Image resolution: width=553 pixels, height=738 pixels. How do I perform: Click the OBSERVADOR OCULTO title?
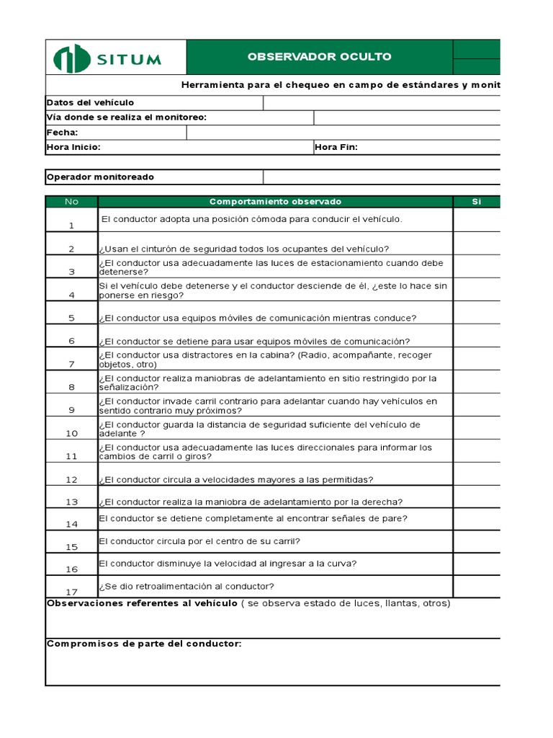pos(319,57)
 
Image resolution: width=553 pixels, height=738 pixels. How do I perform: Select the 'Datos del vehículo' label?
pos(91,103)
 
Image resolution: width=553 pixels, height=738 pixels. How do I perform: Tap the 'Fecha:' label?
pos(63,133)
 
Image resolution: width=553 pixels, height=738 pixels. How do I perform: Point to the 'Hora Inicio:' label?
pos(73,147)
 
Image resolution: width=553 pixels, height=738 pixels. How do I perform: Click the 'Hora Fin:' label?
pos(336,147)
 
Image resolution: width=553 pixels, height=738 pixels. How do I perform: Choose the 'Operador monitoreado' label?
pos(100,177)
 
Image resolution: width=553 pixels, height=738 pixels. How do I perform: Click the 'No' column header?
pos(71,202)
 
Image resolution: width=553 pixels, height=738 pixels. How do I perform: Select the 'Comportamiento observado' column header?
pos(275,202)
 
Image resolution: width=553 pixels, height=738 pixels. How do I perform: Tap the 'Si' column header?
pos(476,202)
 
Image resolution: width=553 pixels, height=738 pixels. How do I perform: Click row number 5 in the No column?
pos(71,318)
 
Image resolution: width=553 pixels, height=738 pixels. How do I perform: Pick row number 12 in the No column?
pos(71,479)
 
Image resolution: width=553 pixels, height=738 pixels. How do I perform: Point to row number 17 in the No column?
pos(71,592)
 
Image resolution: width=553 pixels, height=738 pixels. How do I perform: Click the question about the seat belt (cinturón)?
pos(244,249)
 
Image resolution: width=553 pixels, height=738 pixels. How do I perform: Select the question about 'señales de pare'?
pos(253,518)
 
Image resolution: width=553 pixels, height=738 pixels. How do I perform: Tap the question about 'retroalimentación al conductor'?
pos(186,586)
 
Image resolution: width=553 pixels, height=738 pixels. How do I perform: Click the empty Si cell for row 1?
pos(477,220)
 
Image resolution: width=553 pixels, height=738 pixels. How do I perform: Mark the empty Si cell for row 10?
pos(477,428)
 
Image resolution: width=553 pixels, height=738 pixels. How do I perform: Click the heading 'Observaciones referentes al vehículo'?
pos(142,603)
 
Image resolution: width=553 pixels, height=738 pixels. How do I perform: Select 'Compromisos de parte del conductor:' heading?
pos(144,644)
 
